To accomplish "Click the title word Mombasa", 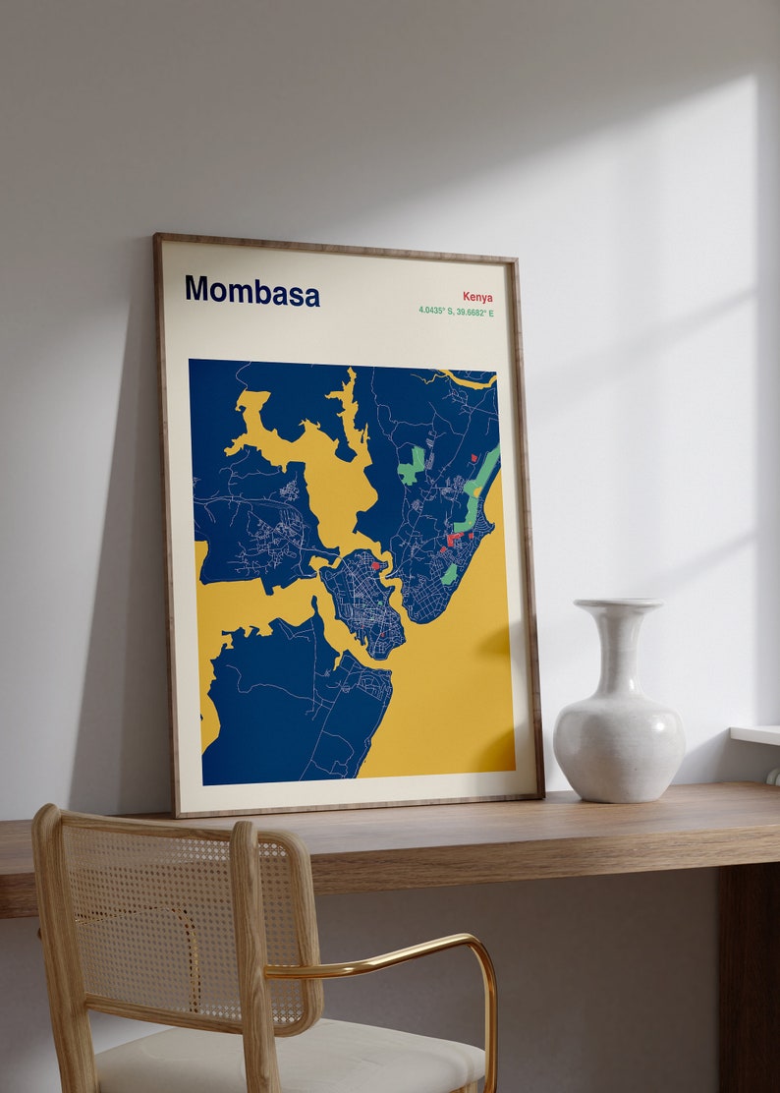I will tap(251, 291).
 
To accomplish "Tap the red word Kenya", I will tap(477, 297).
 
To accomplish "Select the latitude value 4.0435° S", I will tap(438, 312).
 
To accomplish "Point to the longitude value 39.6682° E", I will tap(475, 314).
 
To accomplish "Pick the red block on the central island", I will tap(375, 565).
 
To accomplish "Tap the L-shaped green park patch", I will tap(412, 467).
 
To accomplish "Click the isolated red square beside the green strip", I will tap(473, 457).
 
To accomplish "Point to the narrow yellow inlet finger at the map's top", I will tap(346, 403).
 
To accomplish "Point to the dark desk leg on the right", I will tap(747, 973).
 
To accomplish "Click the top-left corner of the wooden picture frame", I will tap(157, 237).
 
